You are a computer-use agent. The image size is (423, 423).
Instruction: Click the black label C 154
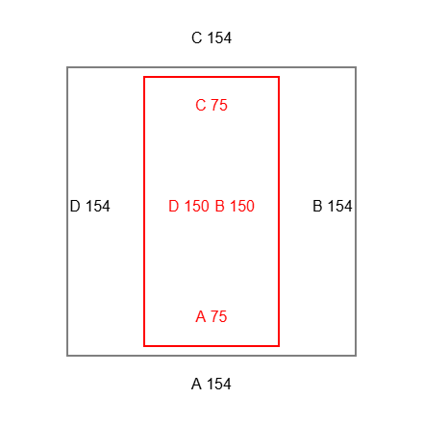(x=211, y=37)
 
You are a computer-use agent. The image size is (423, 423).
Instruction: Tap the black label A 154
(x=211, y=384)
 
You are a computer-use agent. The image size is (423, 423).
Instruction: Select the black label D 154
(x=89, y=206)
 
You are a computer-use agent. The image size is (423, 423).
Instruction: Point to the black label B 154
(x=333, y=206)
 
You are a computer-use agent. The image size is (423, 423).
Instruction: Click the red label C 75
(x=211, y=105)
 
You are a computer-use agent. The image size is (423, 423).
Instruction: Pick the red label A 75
(x=211, y=316)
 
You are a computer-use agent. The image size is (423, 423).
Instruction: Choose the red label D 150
(x=188, y=206)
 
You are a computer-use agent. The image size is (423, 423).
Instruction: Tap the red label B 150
(x=235, y=206)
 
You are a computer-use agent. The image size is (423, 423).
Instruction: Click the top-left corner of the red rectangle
(x=144, y=77)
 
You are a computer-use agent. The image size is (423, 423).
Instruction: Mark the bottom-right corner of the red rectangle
(x=279, y=346)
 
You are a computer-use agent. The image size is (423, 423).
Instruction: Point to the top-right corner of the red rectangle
(x=279, y=77)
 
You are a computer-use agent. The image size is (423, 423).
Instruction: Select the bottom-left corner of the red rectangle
(x=144, y=346)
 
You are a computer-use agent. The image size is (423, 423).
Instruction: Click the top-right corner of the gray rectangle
(x=356, y=67)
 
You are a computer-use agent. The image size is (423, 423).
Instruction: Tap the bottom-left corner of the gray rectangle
(x=67, y=356)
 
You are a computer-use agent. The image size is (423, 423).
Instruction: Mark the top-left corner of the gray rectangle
(x=67, y=67)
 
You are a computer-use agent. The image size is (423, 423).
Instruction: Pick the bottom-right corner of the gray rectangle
(x=356, y=356)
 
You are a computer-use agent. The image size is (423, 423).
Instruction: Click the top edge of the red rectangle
(x=211, y=77)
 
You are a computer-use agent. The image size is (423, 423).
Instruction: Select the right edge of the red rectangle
(x=279, y=211)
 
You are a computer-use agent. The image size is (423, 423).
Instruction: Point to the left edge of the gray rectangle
(x=67, y=211)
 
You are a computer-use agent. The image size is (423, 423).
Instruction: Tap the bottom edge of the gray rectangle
(x=211, y=356)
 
